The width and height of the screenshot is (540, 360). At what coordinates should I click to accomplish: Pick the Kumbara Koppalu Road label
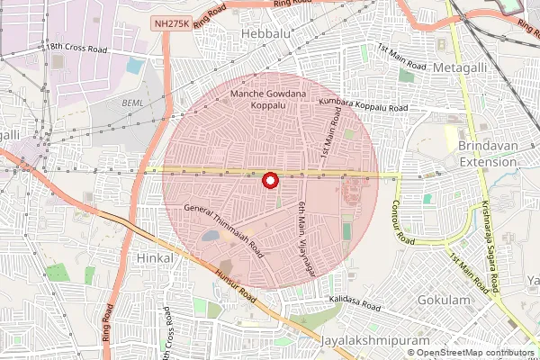point(364,107)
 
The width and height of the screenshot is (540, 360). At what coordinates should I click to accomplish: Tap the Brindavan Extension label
point(488,154)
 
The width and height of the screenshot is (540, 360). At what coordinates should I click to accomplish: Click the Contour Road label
point(402,222)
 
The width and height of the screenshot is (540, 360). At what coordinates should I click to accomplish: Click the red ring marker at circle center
point(269,180)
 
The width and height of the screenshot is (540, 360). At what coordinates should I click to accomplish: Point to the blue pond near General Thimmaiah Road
point(210,236)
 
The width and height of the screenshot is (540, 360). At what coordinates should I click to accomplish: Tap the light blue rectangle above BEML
point(135,66)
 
